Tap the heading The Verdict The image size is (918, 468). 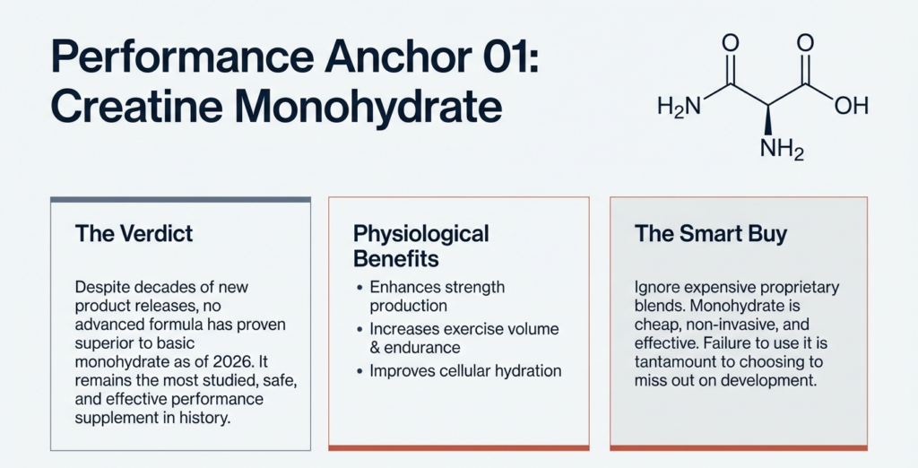tap(134, 234)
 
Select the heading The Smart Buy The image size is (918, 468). tap(710, 234)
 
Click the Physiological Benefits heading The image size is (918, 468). tap(421, 247)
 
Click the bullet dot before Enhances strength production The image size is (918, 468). tap(360, 289)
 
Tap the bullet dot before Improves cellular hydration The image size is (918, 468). tap(360, 371)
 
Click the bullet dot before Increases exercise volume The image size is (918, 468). tap(360, 330)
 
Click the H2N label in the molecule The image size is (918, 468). tap(679, 107)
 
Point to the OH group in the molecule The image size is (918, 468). tap(851, 107)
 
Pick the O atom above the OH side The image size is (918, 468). tap(804, 43)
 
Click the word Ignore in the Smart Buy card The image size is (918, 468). tap(659, 289)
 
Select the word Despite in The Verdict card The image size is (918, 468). tap(105, 289)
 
